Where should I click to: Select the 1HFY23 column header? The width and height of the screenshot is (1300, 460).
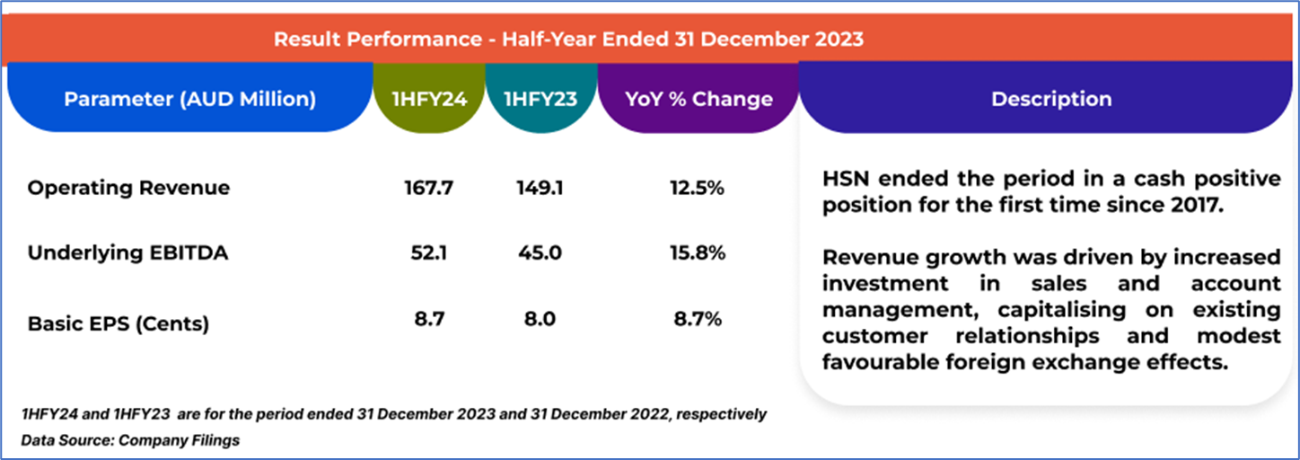540,99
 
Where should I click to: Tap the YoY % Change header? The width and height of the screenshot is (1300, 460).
698,99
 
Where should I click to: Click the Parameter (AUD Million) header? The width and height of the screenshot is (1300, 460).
189,99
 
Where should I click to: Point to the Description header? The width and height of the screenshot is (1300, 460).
1050,99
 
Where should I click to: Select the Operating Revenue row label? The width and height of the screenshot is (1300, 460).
128,188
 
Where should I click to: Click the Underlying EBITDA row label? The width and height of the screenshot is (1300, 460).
127,253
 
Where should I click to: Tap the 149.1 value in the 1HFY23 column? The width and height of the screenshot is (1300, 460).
540,188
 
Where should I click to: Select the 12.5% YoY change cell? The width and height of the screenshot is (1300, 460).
698,188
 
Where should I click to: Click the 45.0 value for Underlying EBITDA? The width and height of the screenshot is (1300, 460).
540,253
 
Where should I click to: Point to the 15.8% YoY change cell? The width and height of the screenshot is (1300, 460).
698,253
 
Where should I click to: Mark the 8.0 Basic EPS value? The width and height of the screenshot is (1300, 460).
540,319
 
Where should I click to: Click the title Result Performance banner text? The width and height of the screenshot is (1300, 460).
568,40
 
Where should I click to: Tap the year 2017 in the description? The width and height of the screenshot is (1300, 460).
1197,205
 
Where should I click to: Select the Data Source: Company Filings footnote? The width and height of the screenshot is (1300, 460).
130,440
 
